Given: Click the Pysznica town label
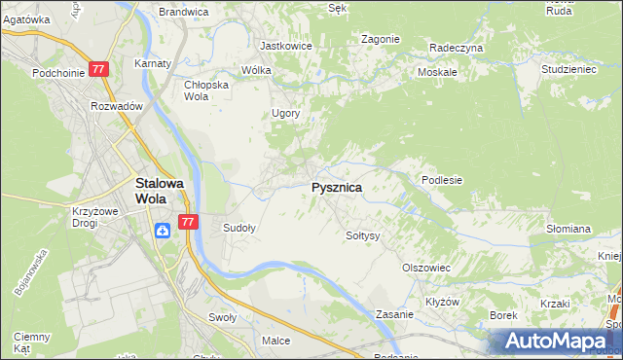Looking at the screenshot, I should (x=337, y=188).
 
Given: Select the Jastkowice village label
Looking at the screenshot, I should (x=283, y=46).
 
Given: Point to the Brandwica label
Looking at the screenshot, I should (x=183, y=12).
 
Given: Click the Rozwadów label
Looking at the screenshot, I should (x=117, y=106).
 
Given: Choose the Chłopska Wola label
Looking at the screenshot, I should (x=206, y=90).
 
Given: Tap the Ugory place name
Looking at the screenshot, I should (x=285, y=113).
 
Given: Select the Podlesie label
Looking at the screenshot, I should (x=441, y=180).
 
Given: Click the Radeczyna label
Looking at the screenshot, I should (x=457, y=47).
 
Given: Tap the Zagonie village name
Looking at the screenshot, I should (x=381, y=39).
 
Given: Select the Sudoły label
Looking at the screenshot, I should (x=239, y=228).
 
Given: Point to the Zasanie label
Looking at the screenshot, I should (x=396, y=315).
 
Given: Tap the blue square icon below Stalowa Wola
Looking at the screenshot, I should (x=163, y=230).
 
